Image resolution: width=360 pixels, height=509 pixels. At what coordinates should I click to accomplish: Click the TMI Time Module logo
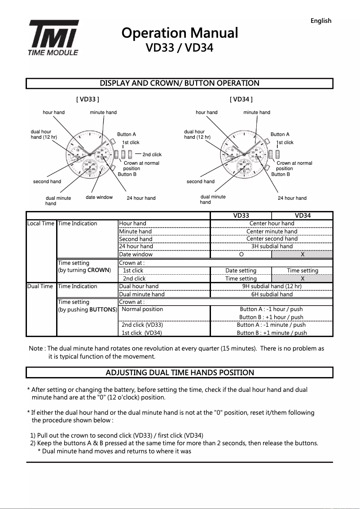(x=54, y=38)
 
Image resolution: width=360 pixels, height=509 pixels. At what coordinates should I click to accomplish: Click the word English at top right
(x=320, y=21)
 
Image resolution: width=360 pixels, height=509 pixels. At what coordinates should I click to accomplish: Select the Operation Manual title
(x=180, y=33)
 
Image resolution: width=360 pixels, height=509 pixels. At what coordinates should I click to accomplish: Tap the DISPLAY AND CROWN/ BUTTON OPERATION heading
(x=180, y=83)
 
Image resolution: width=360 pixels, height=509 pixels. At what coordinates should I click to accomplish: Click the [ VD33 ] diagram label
(x=88, y=99)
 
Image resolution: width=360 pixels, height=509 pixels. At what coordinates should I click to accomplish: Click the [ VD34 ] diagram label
(x=241, y=99)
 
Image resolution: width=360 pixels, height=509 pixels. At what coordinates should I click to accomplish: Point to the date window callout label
(x=99, y=197)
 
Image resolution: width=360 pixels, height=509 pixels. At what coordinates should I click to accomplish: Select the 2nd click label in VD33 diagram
(x=152, y=155)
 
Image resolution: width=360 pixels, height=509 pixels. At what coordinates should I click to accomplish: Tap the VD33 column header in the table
(x=241, y=216)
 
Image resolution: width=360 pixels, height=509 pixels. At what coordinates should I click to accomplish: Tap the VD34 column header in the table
(x=302, y=216)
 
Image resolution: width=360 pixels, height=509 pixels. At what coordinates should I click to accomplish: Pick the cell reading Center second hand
(x=272, y=239)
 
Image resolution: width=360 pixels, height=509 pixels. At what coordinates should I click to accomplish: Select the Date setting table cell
(x=241, y=271)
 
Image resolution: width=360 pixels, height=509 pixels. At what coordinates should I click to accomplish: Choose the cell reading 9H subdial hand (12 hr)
(x=272, y=286)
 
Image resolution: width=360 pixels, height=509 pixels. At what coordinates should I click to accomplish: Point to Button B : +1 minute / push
(x=272, y=333)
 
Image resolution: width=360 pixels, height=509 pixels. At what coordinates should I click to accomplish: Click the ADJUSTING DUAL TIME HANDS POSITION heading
(x=180, y=373)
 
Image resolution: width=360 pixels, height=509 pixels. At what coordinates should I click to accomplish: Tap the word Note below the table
(x=36, y=349)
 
